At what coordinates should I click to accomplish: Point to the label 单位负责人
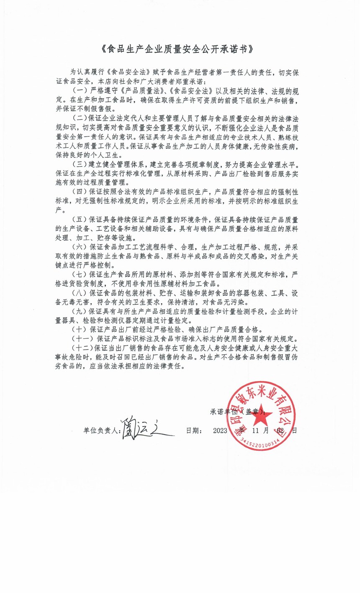[102, 431]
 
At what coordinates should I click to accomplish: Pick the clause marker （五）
[79, 219]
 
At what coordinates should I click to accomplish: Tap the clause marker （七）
[79, 274]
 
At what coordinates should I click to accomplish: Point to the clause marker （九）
[79, 311]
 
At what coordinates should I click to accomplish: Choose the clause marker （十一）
[82, 339]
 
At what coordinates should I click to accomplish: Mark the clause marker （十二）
[82, 348]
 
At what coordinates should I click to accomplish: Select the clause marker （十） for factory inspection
[79, 330]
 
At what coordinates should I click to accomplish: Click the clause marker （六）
[79, 247]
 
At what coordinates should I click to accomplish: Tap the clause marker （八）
[79, 293]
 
